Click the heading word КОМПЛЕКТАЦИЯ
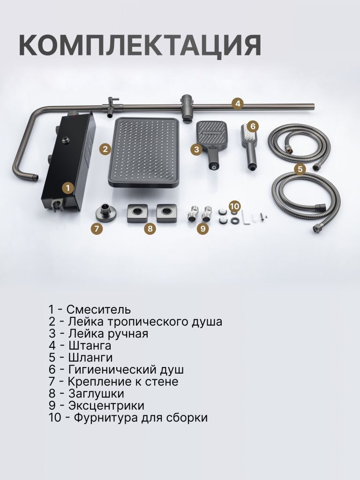coord(140,45)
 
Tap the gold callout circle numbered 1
coord(68,187)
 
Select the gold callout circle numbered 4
coord(238,104)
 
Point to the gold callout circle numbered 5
coord(300,169)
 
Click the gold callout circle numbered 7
coord(97,228)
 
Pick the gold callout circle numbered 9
coord(202,228)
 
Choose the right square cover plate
coord(166,213)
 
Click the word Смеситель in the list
coord(98,309)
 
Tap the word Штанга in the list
coord(90,345)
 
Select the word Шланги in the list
coord(90,358)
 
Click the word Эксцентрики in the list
coord(106,405)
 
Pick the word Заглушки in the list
coord(96,394)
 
